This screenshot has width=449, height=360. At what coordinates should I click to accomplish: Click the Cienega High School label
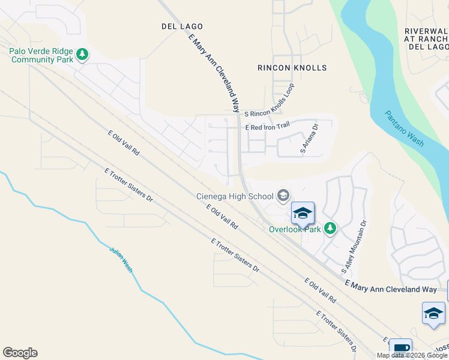click(235, 196)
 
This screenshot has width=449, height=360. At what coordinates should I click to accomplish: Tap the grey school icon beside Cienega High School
click(283, 196)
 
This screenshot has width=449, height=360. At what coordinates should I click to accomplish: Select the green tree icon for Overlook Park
click(330, 228)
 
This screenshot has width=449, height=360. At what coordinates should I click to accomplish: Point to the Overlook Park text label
click(295, 229)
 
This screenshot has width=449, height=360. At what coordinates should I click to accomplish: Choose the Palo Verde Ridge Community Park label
click(41, 55)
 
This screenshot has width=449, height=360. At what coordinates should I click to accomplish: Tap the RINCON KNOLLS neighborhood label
click(292, 68)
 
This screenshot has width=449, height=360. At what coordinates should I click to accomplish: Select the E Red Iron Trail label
click(267, 127)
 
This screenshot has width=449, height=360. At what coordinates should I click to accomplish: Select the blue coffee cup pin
click(400, 348)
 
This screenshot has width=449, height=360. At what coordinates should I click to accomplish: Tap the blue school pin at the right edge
click(433, 313)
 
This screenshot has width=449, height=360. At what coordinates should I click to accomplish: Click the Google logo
click(20, 353)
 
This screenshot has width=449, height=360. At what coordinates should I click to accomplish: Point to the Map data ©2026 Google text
click(412, 355)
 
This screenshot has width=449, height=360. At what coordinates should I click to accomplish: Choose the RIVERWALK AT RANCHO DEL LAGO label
click(427, 38)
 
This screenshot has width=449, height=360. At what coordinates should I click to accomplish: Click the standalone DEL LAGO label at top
click(182, 26)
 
